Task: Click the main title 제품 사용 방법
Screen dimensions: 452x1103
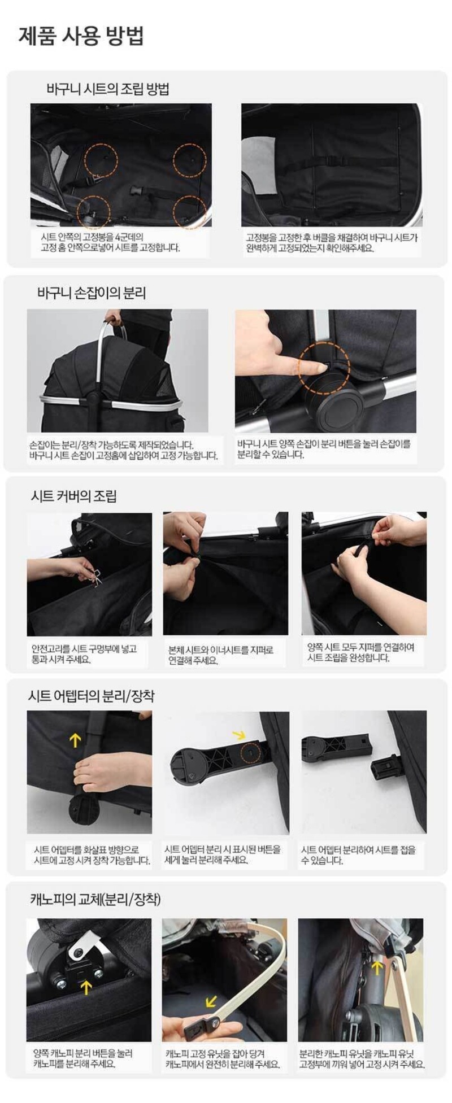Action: point(81,36)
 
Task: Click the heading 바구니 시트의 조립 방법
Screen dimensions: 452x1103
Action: point(108,89)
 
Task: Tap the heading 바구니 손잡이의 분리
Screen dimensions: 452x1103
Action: point(92,293)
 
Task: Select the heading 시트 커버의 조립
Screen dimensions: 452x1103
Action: point(73,496)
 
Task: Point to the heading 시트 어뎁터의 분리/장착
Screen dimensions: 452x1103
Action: point(91,696)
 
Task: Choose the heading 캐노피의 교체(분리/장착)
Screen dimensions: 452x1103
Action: point(95,899)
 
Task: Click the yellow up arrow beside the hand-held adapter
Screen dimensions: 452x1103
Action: point(75,739)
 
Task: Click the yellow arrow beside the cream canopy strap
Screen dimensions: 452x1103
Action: point(211,1000)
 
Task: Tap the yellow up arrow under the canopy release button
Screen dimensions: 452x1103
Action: point(86,987)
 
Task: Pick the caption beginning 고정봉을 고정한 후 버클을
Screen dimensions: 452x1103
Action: point(332,243)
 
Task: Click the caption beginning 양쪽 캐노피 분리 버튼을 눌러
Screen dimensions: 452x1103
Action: point(82,1059)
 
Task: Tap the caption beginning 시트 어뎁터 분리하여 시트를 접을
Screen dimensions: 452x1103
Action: point(358,856)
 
